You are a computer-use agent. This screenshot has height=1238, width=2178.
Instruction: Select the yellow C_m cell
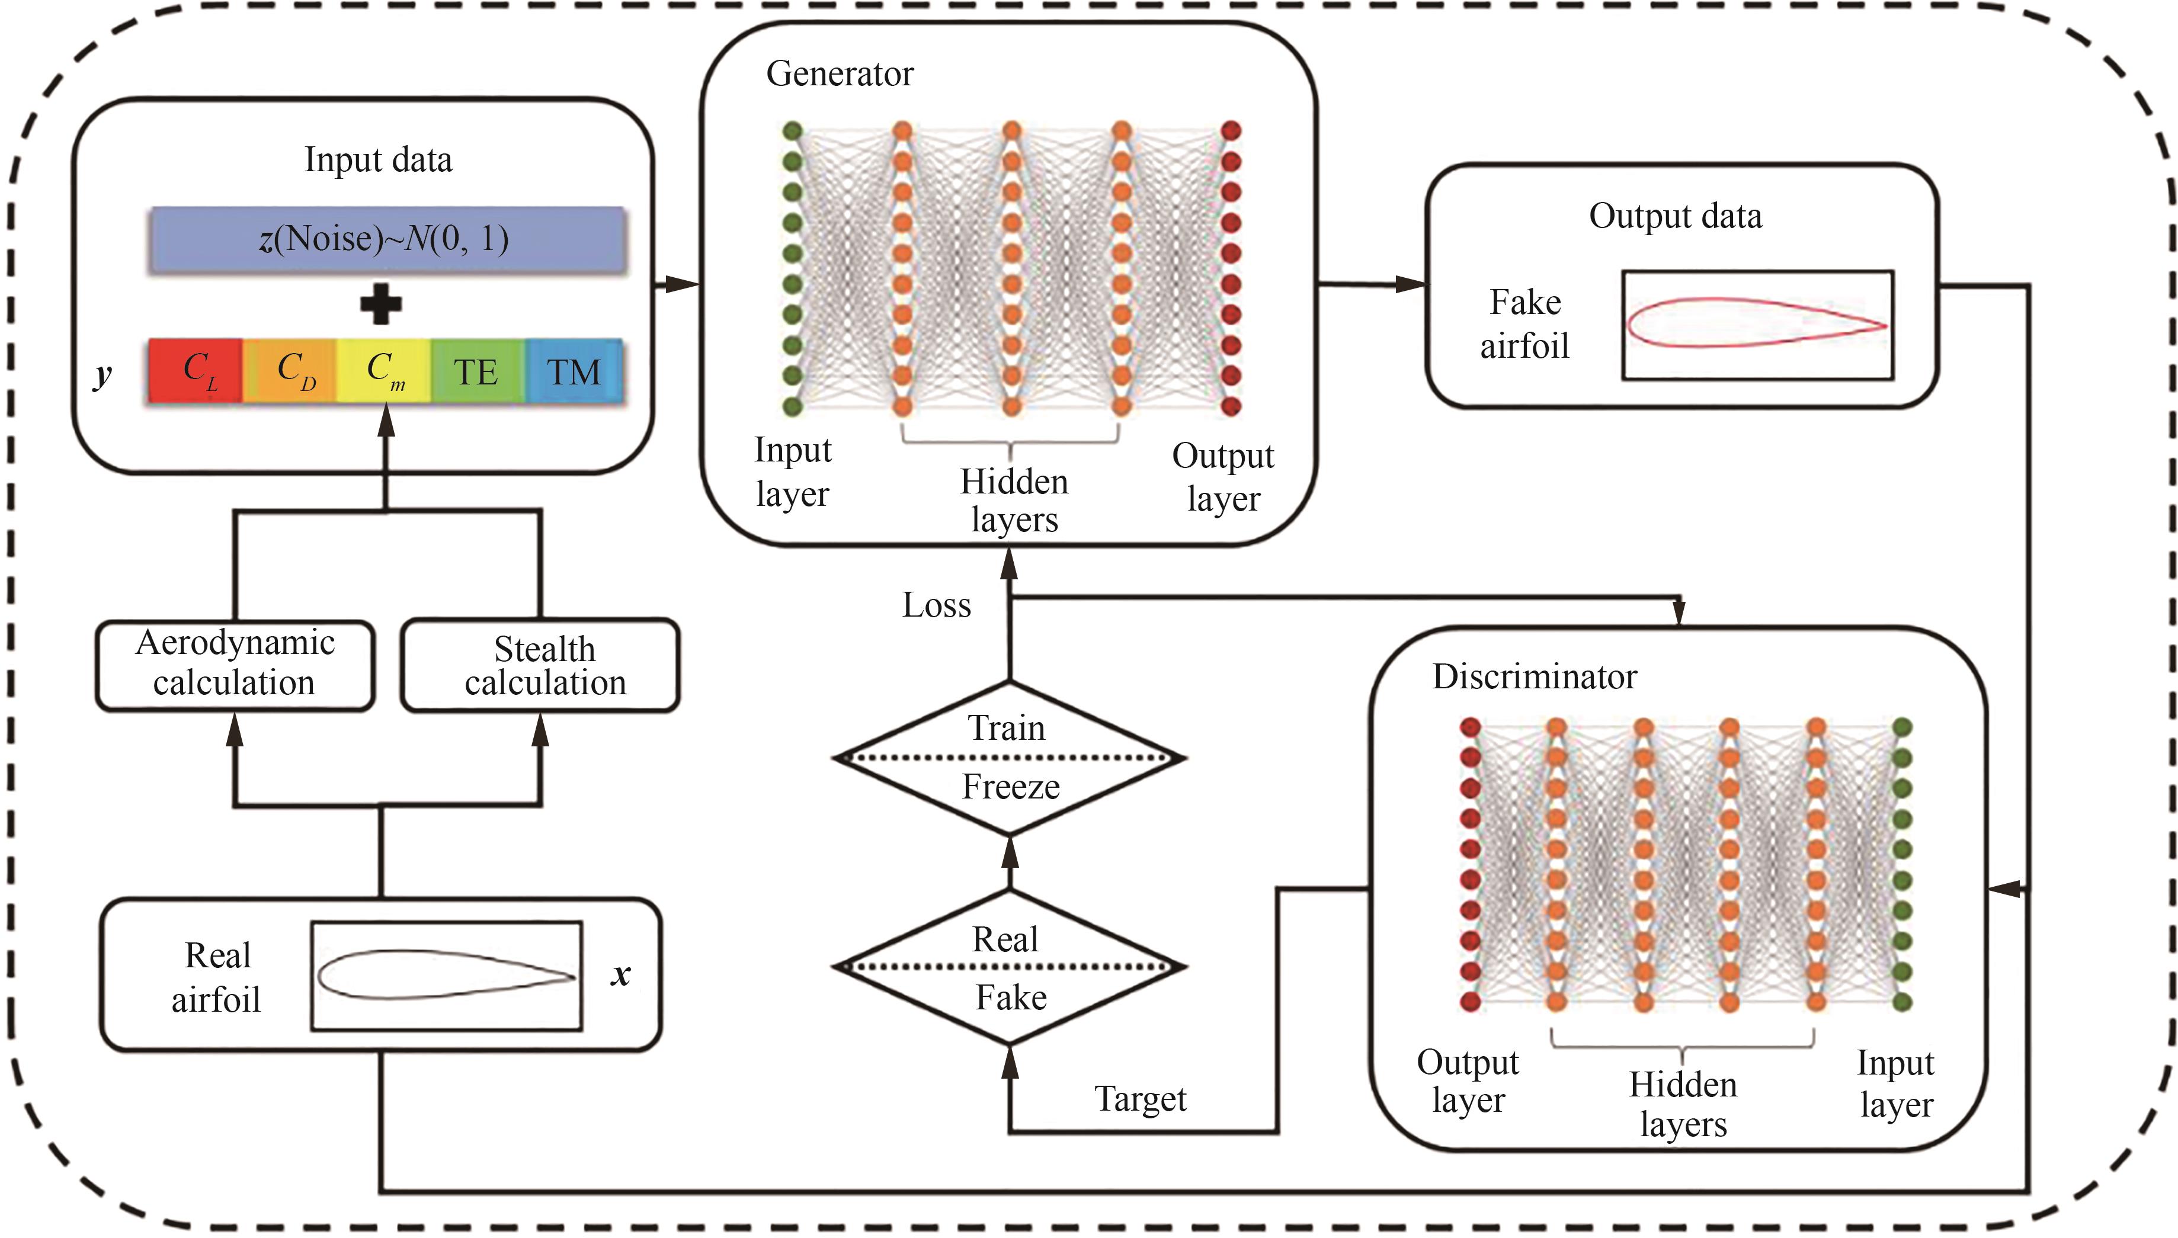[x=383, y=371]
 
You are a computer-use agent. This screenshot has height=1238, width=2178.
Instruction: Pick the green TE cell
[x=476, y=371]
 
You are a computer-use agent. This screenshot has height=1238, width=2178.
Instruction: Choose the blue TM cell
[x=573, y=371]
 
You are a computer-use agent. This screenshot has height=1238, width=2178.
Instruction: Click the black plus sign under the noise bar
[x=380, y=304]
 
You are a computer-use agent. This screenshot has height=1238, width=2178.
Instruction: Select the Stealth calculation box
[x=542, y=666]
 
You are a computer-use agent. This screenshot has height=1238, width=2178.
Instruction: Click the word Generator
[x=840, y=74]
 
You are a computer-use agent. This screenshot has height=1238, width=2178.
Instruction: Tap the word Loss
[x=936, y=605]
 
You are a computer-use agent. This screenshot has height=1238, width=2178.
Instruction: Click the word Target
[x=1139, y=1099]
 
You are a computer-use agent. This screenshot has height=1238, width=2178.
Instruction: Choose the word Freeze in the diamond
[x=1010, y=787]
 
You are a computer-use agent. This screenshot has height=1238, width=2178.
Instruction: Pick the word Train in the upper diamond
[x=1006, y=729]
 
